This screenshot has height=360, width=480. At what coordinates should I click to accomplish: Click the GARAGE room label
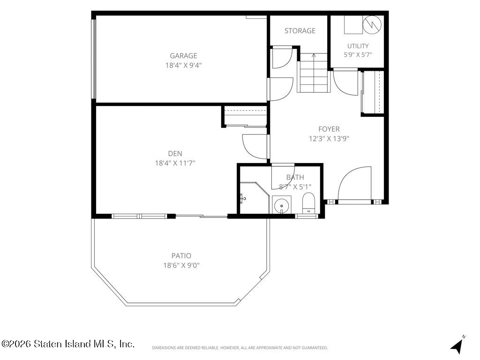pos(183,56)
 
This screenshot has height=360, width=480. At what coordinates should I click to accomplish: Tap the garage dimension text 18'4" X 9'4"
pos(183,65)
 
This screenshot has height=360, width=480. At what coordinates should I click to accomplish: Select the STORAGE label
pos(300,30)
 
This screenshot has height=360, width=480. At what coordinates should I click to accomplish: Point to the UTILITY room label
pos(358,46)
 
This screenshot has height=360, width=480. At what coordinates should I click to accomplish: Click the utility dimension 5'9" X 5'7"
pos(358,55)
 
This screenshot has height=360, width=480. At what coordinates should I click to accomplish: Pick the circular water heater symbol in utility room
pos(372,24)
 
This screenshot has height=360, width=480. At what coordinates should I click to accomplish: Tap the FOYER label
pos(329,129)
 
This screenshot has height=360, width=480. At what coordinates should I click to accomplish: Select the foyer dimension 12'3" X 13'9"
pos(329,139)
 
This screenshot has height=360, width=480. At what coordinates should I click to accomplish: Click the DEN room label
pos(175,154)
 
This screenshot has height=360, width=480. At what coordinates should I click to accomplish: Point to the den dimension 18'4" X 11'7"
pos(175,163)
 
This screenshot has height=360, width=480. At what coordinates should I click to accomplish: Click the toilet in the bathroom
pos(308,203)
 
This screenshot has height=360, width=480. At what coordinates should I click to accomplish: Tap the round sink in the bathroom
pos(281,205)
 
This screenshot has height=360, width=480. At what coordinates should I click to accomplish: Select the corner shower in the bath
pos(254,198)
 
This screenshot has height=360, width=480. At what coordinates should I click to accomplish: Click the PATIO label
pos(181,255)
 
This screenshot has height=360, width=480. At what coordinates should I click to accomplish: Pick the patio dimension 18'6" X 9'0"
pos(181,265)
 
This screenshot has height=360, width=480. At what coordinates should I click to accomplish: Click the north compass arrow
pos(457,345)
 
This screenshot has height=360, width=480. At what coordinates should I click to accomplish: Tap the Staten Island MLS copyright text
pos(67,344)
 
